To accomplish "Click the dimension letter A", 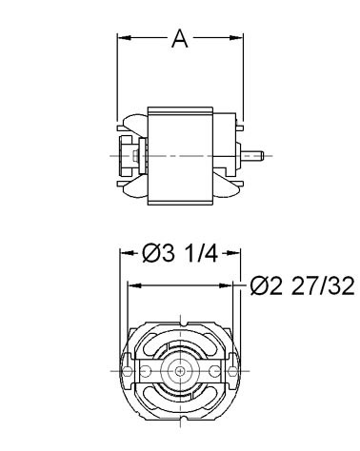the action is point(180,38).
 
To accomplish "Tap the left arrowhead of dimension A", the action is point(125,38).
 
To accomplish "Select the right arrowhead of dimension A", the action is point(236,38).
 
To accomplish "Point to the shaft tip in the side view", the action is point(262,156).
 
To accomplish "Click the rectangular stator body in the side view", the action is point(180,156).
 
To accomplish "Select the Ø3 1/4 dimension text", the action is point(180,254).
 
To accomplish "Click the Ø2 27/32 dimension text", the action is point(302,286).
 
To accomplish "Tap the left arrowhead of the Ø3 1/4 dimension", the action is point(126,253).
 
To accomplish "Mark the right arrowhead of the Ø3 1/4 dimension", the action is point(234,253).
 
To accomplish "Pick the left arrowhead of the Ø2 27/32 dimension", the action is point(134,285).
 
